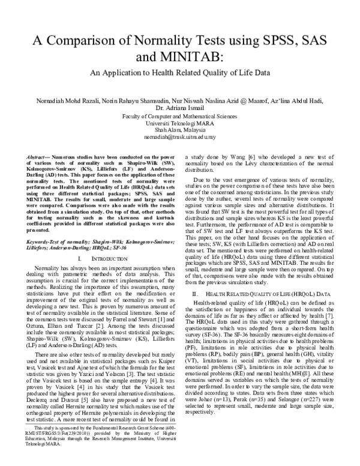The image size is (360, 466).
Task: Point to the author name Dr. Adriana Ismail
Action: (179, 107)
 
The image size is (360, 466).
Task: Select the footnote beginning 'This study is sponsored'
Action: (96, 437)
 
